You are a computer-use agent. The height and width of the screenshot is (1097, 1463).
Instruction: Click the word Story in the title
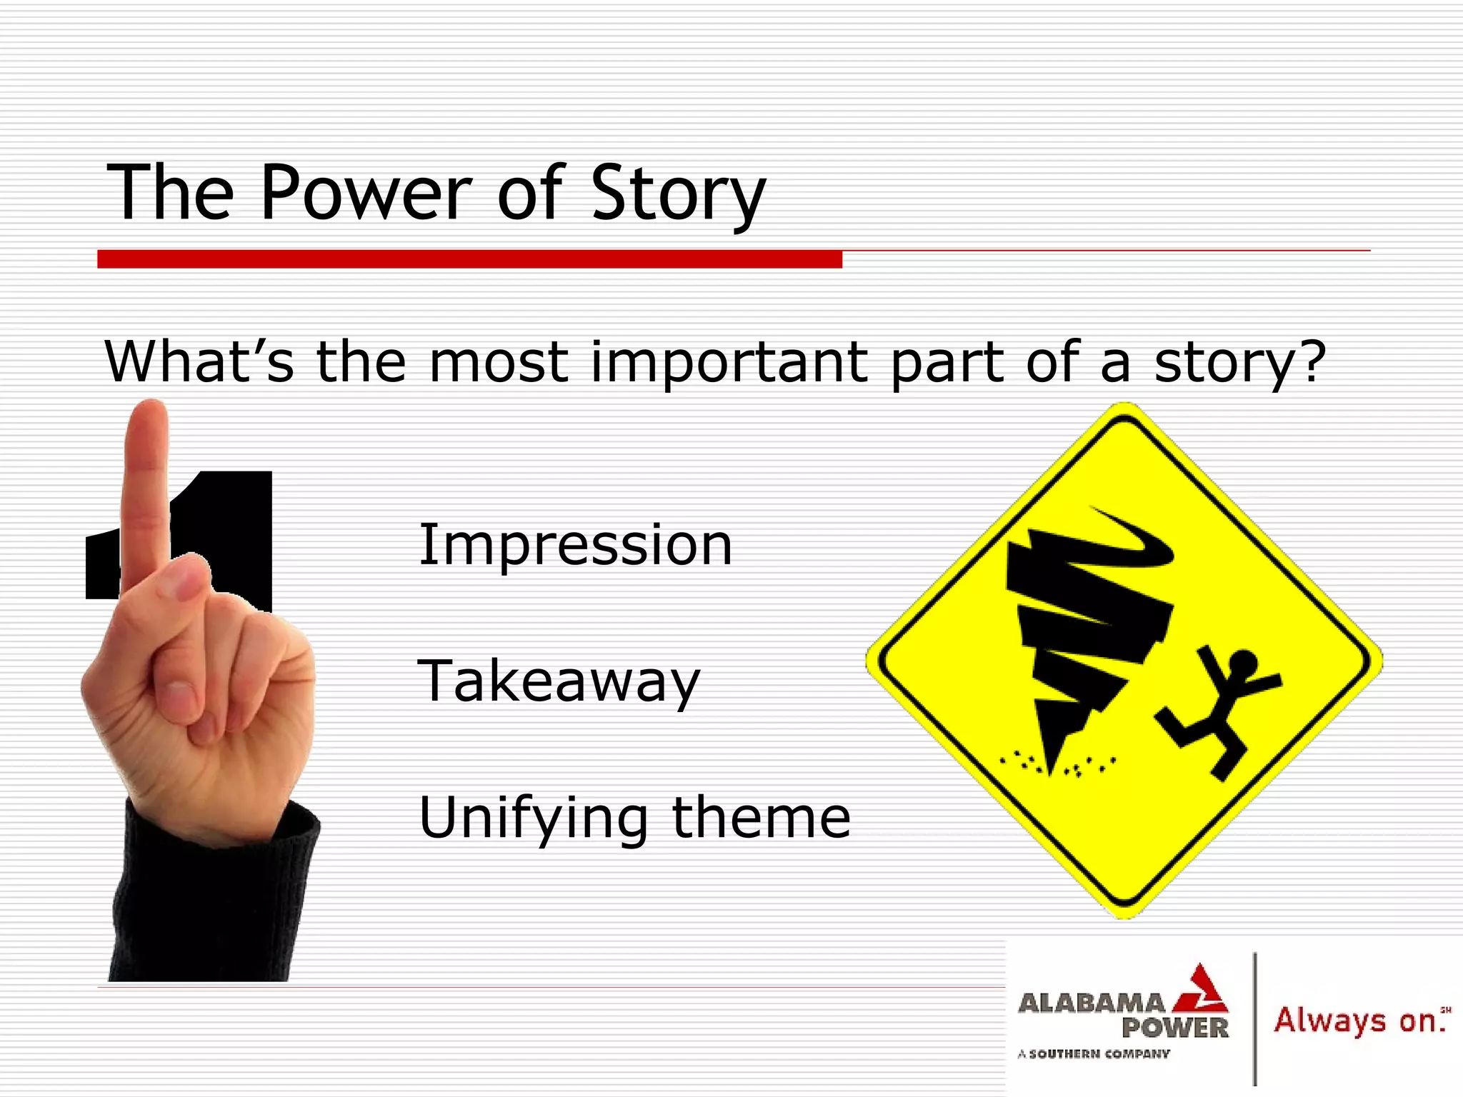(677, 194)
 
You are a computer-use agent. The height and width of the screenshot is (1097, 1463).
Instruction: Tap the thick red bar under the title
(469, 259)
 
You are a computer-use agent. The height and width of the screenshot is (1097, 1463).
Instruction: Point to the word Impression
(575, 546)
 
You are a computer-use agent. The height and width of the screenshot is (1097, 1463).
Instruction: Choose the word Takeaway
(559, 681)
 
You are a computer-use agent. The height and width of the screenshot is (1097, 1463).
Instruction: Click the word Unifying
(533, 818)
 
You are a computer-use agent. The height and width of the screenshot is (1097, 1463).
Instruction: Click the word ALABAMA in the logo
(1091, 1003)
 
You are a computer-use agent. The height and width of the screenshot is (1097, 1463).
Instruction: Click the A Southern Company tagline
(1094, 1053)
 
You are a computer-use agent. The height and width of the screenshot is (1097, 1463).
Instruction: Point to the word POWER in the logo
(1174, 1028)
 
